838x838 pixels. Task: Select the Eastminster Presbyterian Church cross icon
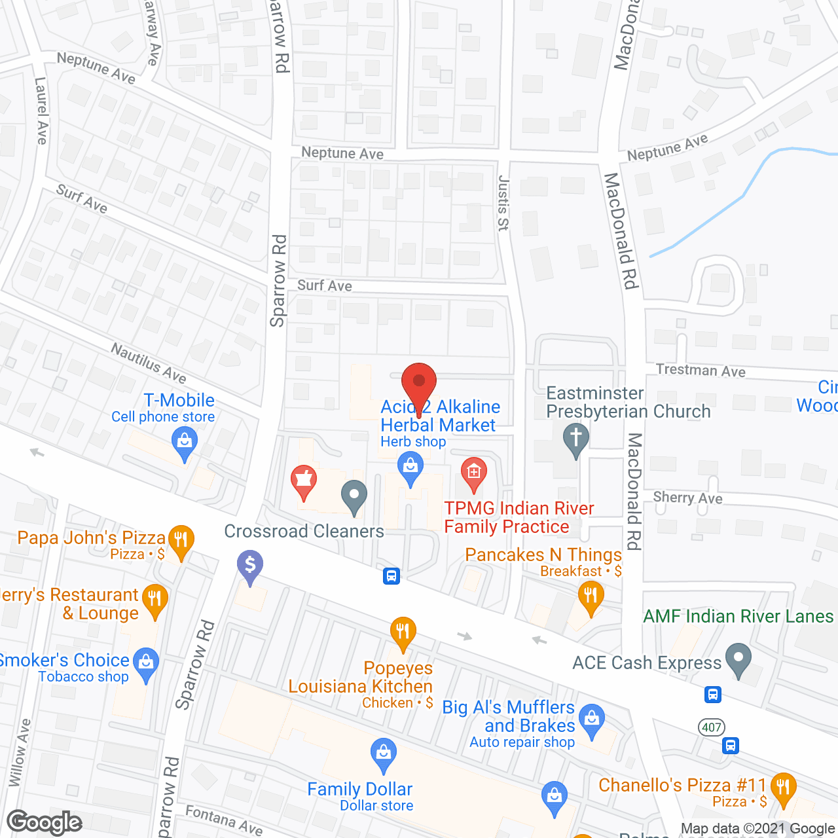(576, 438)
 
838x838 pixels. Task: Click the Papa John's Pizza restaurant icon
(181, 540)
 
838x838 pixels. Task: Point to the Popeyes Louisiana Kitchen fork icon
(403, 632)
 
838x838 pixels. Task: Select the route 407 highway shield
(712, 727)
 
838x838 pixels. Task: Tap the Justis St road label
(503, 202)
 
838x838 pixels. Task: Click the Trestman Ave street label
(701, 371)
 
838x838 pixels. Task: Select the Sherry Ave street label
(687, 498)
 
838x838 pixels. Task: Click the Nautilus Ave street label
(149, 362)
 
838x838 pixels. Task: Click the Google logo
(45, 822)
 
